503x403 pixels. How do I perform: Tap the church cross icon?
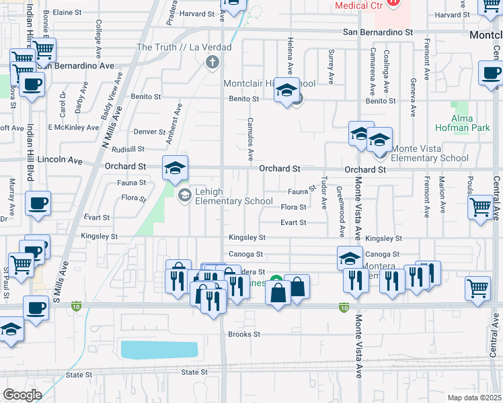click(x=212, y=62)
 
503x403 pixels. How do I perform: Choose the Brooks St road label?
click(x=244, y=334)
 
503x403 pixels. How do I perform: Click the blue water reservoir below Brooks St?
click(x=159, y=349)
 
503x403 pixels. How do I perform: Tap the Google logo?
click(x=22, y=395)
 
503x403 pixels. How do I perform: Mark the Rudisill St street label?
click(x=128, y=149)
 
